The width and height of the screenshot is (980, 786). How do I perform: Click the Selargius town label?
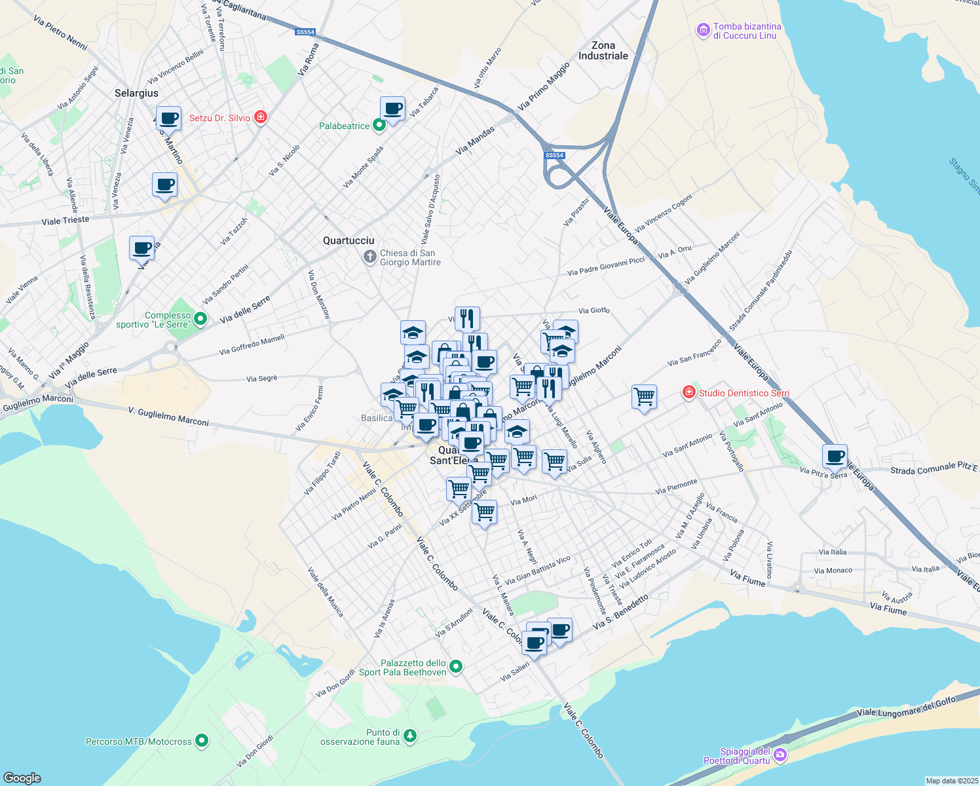tap(136, 93)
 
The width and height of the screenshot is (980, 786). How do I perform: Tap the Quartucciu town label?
tap(349, 240)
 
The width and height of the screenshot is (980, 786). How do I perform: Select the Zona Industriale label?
tap(603, 50)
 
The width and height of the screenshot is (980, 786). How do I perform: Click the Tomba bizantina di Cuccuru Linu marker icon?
tap(704, 29)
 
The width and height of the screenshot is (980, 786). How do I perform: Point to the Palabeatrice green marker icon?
tap(379, 125)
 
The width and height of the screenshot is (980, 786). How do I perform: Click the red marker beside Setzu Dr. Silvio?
tap(261, 117)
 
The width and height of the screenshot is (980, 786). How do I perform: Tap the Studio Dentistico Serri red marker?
tap(688, 392)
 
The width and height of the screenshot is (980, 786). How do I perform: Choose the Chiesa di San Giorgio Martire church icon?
tap(370, 257)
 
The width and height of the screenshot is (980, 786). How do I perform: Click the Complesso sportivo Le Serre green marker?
tap(200, 319)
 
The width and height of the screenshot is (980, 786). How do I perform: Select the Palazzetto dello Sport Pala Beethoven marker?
tap(456, 667)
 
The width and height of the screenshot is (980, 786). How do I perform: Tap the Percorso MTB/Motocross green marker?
tap(202, 741)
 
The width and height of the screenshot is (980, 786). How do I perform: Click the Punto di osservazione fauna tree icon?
tap(410, 736)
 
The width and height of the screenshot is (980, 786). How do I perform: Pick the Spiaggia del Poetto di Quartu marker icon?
tap(780, 755)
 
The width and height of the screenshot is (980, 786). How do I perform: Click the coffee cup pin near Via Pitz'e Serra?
tap(835, 456)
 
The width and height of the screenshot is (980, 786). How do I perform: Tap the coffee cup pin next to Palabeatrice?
tap(392, 109)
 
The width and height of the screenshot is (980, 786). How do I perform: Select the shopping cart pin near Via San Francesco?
tap(644, 396)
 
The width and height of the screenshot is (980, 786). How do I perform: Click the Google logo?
tap(22, 777)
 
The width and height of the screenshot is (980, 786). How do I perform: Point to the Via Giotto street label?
tap(594, 310)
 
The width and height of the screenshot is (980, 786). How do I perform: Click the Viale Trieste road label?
tap(65, 220)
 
